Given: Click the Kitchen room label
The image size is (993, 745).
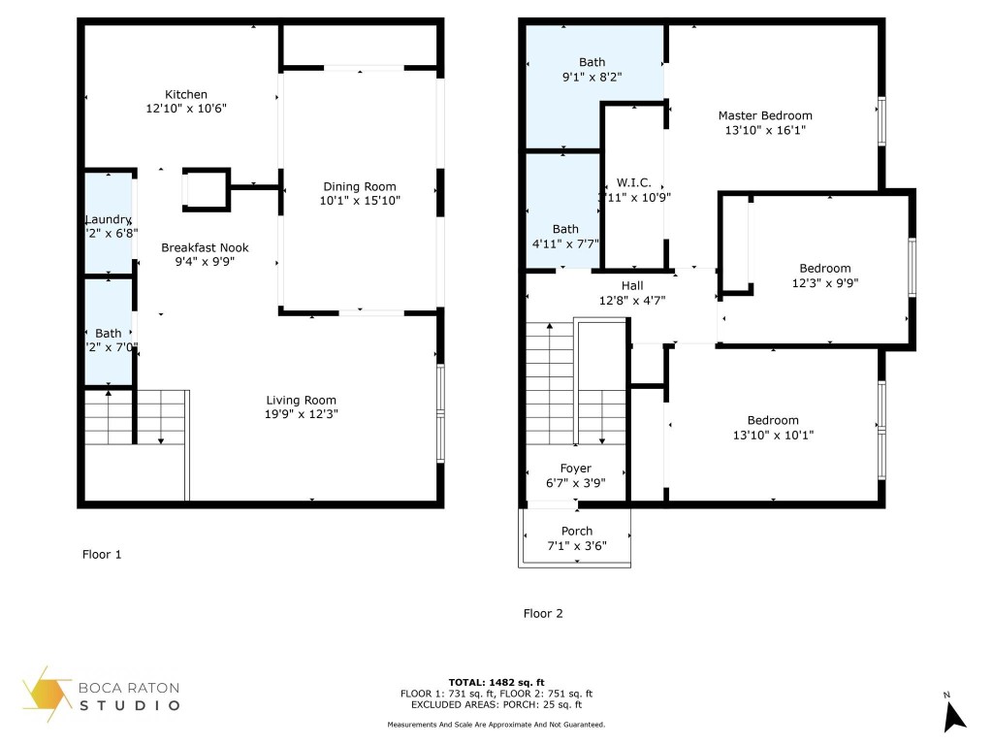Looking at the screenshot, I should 185,94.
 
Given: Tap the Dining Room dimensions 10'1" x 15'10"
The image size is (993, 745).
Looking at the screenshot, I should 360,201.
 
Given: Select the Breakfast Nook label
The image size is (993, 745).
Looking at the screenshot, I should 198,247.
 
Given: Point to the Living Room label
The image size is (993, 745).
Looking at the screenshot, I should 302,400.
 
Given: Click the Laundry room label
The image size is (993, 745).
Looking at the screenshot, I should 108,219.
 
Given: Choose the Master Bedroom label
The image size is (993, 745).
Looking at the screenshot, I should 765,115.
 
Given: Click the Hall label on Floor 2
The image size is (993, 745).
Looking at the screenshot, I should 632,285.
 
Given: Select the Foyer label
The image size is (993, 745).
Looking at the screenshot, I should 576,469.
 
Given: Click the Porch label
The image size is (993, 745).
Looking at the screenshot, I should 577,531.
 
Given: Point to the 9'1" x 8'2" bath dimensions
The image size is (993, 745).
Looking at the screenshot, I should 592,76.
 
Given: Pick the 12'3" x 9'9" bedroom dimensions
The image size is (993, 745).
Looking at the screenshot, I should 825,283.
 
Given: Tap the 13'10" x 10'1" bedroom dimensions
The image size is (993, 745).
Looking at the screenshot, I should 773,436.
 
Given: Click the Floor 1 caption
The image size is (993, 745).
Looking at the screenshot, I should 102,555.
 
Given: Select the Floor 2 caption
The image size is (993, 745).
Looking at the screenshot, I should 543,613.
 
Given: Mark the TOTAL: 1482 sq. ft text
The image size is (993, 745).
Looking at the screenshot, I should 496,682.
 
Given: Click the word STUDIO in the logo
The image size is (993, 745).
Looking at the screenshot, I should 130,705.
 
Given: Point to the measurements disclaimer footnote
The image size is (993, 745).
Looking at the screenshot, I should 496,725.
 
